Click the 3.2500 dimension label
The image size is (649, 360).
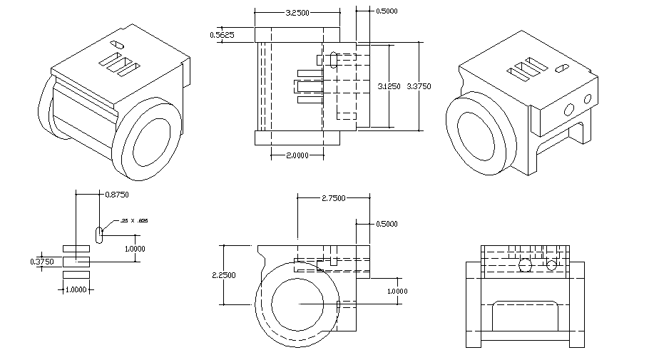[x=297, y=14]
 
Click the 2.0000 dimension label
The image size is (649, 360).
[x=297, y=155]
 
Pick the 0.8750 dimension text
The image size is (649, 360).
[x=117, y=194]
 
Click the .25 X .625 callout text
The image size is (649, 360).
[x=135, y=222]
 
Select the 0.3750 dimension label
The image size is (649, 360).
[x=42, y=262]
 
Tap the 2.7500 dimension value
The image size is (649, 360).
[x=333, y=197]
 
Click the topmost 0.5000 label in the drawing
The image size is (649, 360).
[x=387, y=11]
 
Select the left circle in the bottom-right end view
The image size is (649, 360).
[x=526, y=265]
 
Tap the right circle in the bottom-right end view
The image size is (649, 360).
[x=551, y=265]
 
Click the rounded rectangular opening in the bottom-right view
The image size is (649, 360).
[x=525, y=317]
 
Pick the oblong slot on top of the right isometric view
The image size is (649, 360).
[x=561, y=68]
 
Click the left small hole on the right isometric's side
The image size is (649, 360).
[x=569, y=109]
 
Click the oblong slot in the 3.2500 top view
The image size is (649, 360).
[x=333, y=60]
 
